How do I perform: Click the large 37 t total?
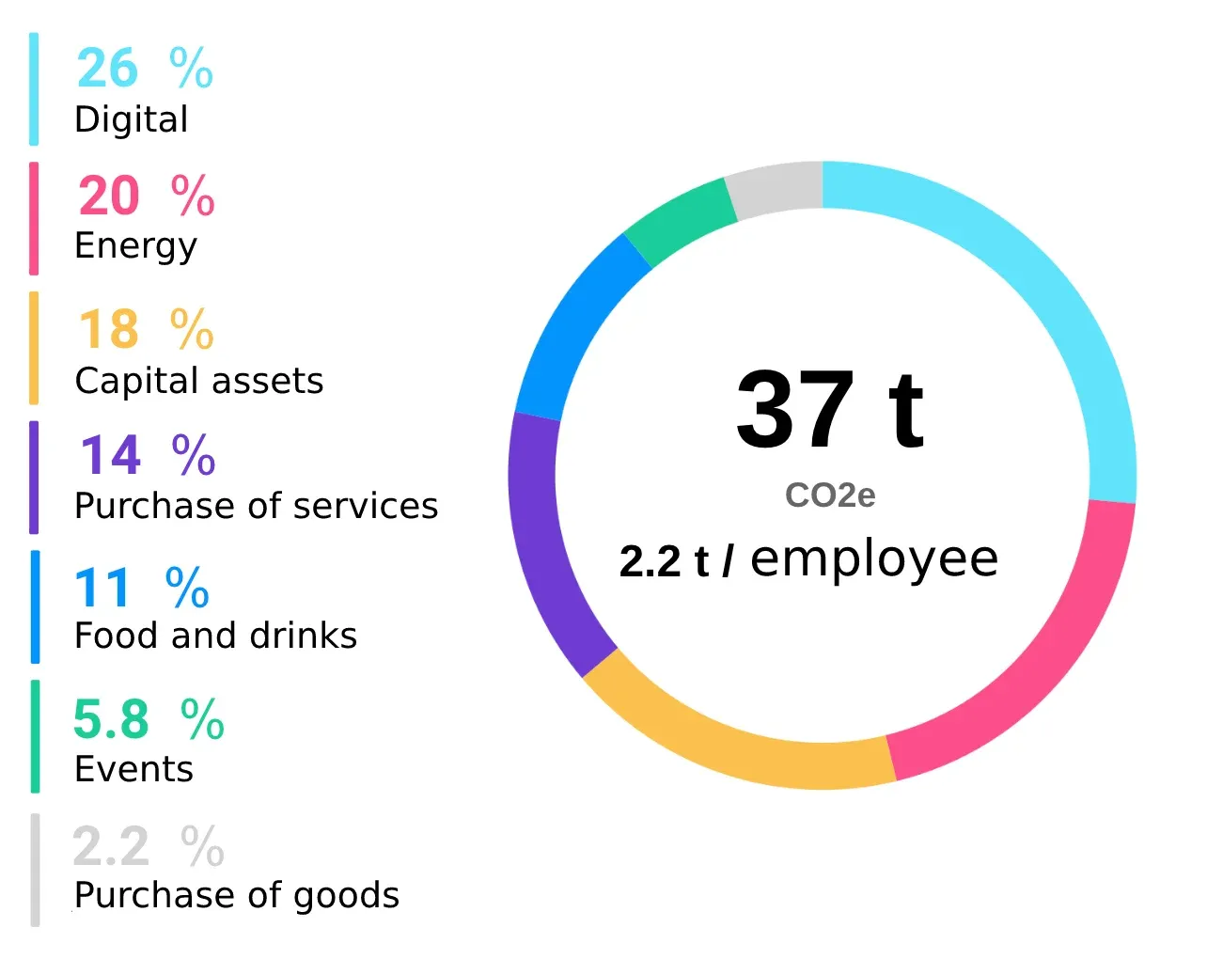(829, 410)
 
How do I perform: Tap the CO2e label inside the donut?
(830, 495)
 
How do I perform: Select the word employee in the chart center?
(874, 559)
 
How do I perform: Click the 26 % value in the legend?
(145, 69)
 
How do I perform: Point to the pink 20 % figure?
(147, 196)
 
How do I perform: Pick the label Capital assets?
(198, 381)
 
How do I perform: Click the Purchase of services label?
(256, 506)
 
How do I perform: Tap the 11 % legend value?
(142, 589)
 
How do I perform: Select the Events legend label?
(133, 769)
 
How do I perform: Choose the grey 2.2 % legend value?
(149, 846)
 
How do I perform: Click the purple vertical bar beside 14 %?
(35, 478)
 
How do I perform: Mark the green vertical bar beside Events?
(35, 736)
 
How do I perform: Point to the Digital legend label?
(131, 119)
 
